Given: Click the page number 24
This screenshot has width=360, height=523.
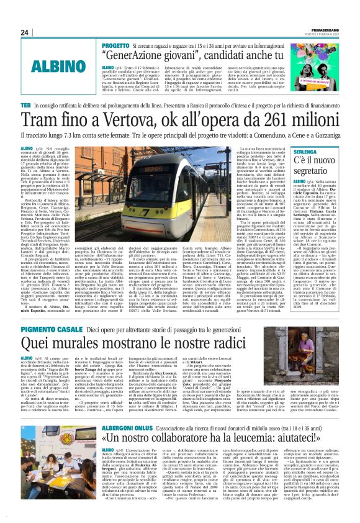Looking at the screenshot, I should (25, 32).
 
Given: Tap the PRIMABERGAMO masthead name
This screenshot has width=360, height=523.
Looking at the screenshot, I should (324, 28).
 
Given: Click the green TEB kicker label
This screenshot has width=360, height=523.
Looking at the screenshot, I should (26, 106).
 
